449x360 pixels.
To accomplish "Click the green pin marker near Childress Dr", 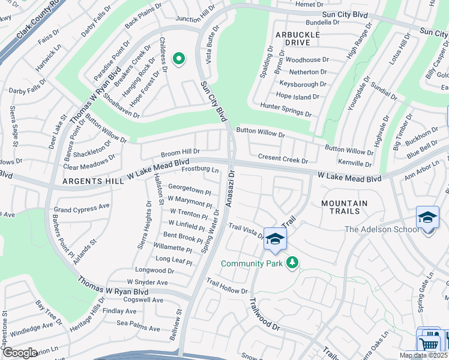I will pos(178,59).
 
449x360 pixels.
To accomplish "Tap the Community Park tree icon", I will pos(292,263).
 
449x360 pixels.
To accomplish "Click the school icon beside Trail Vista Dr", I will pos(274,239).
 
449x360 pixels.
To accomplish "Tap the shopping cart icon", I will pos(429,344).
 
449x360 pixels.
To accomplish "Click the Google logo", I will pos(20,353).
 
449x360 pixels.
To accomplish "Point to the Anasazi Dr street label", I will pos(231,188).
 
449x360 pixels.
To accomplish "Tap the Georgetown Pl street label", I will pos(189,187).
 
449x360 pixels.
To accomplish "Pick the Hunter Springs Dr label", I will pos(286,109).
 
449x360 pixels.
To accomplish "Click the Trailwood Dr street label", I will pos(264,315).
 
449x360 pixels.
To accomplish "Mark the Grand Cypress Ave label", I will pos(82,208).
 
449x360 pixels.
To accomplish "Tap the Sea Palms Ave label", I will pos(138,328).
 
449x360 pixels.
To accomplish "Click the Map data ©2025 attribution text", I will pos(423,355).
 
